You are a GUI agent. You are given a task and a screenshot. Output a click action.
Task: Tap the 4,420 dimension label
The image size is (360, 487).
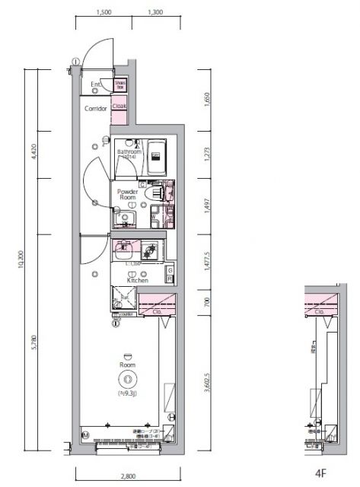pyautogui.click(x=34, y=151)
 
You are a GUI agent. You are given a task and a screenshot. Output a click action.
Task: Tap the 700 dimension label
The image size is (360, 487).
pyautogui.click(x=206, y=303)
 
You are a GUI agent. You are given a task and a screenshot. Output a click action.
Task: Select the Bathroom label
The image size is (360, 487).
pyautogui.click(x=129, y=152)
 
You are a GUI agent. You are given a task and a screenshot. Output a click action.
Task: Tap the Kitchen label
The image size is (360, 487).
pyautogui.click(x=137, y=280)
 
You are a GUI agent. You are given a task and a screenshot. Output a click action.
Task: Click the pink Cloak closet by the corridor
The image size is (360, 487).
pyautogui.click(x=119, y=107)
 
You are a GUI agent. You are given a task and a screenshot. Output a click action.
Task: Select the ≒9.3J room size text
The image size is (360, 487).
pyautogui.click(x=127, y=394)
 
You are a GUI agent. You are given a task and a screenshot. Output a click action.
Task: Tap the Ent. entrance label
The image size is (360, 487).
pyautogui.click(x=97, y=84)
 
